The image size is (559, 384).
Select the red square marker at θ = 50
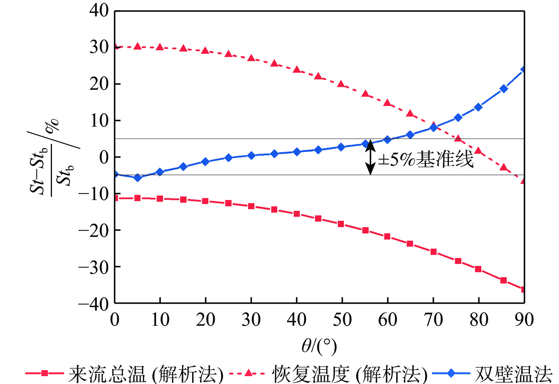click(x=341, y=224)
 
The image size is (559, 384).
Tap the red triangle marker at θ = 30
click(x=251, y=58)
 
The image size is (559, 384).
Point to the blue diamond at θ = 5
click(x=138, y=178)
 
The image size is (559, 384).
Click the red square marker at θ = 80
click(x=478, y=269)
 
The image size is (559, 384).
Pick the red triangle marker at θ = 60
click(x=387, y=103)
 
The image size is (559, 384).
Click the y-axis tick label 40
click(x=99, y=11)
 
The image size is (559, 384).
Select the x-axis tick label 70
click(x=433, y=319)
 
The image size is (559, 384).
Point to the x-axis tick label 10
click(x=160, y=319)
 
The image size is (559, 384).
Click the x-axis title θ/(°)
click(x=319, y=346)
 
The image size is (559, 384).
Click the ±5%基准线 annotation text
click(x=426, y=159)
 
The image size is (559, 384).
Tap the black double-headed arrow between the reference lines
click(x=370, y=157)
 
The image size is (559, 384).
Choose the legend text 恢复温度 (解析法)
click(x=350, y=374)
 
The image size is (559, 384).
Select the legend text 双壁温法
click(x=514, y=374)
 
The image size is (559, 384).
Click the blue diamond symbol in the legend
click(x=451, y=373)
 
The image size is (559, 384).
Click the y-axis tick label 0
click(x=104, y=158)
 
